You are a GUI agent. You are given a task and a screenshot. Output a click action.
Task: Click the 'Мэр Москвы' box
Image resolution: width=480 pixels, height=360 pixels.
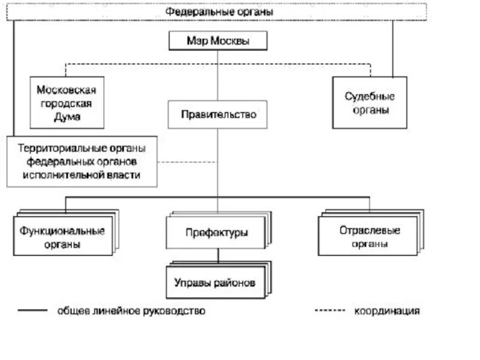pyautogui.click(x=217, y=41)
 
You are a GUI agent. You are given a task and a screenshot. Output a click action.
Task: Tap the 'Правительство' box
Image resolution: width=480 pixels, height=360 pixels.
pyautogui.click(x=217, y=114)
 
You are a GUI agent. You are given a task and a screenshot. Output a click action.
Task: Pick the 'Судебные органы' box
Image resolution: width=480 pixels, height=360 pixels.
pyautogui.click(x=370, y=102)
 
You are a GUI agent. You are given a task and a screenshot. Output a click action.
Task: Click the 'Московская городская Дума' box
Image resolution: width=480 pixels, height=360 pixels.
pyautogui.click(x=67, y=103)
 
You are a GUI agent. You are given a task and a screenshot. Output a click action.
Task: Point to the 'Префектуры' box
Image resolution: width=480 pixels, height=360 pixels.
pyautogui.click(x=217, y=233)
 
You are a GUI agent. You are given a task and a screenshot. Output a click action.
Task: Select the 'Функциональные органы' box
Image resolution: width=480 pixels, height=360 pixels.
pyautogui.click(x=62, y=237)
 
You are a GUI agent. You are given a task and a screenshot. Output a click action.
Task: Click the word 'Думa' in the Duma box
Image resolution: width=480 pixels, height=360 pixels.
pyautogui.click(x=67, y=118)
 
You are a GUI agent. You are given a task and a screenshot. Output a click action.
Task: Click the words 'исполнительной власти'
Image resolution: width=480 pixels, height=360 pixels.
pyautogui.click(x=82, y=175)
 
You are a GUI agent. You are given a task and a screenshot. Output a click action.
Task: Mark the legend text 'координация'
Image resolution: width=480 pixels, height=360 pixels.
pyautogui.click(x=386, y=311)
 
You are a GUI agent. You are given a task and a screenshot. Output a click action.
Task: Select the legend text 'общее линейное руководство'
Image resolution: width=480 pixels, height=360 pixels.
pyautogui.click(x=131, y=311)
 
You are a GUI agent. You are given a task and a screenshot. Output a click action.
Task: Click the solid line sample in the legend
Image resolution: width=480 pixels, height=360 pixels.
pyautogui.click(x=32, y=311)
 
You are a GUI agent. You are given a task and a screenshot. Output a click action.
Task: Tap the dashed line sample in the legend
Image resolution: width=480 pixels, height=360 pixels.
pyautogui.click(x=329, y=311)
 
